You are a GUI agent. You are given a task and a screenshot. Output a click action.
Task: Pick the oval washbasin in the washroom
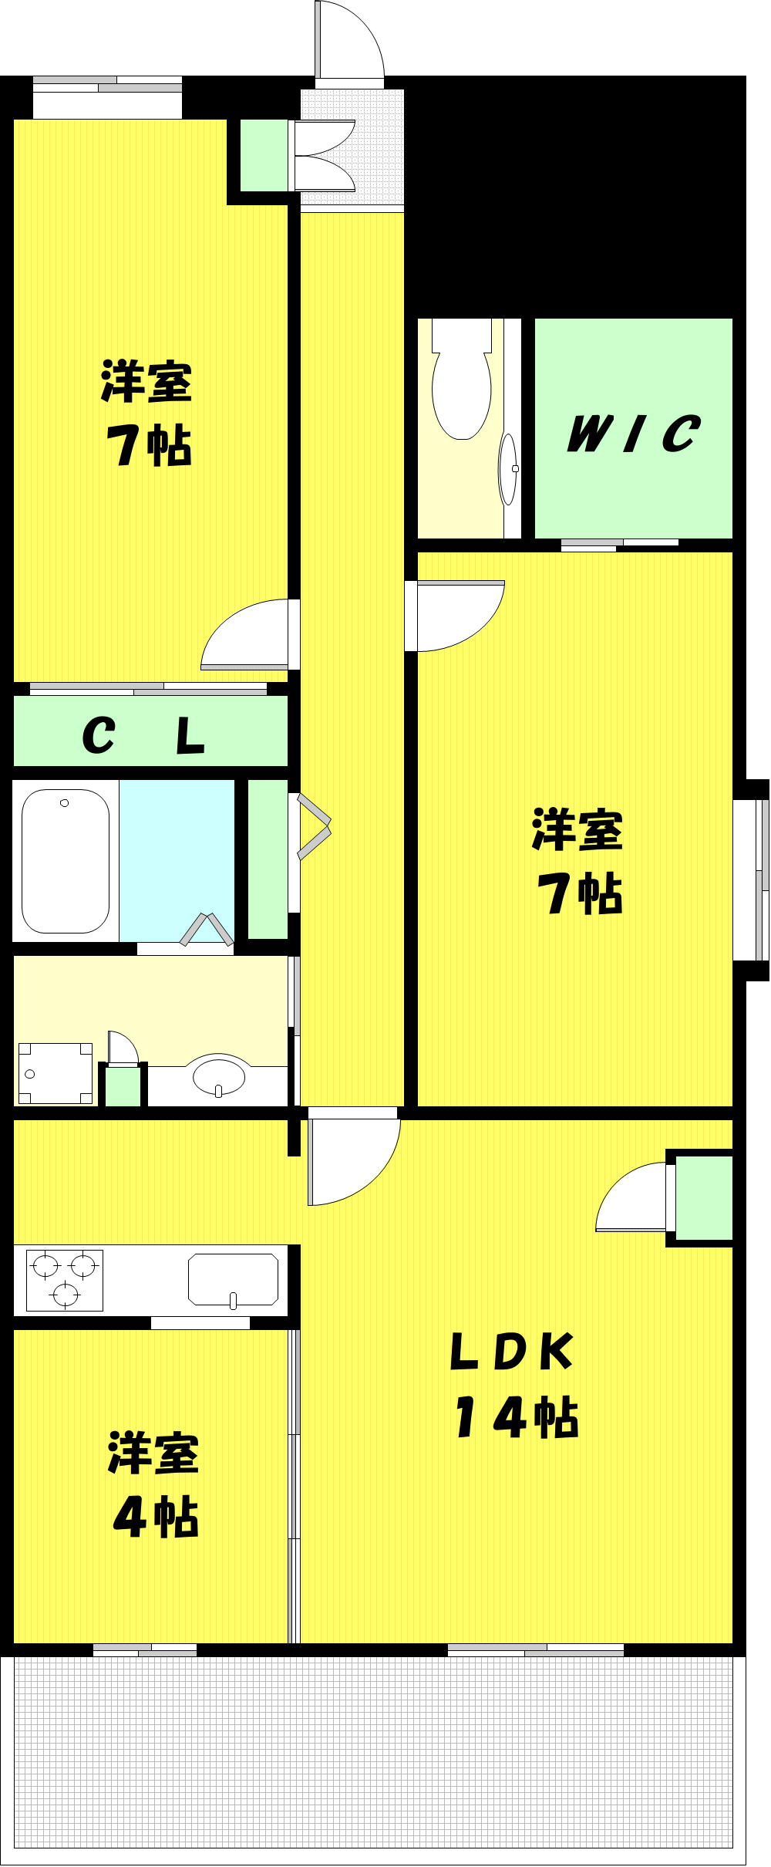coord(220,1074)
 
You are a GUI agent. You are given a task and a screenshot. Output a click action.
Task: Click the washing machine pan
coord(55,1073)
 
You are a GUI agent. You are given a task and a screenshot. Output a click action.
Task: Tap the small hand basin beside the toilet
coord(509,468)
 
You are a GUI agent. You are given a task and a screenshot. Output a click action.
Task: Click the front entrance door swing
coord(349,39)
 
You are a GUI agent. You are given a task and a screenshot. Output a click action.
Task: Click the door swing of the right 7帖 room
coord(455,615)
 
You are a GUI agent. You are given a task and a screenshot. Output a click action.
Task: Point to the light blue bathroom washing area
coord(177,861)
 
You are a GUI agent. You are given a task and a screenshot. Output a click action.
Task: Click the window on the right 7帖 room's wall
coord(751,879)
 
